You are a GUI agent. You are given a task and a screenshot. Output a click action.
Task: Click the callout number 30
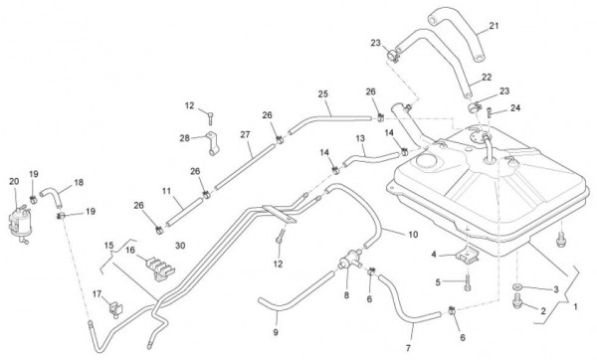pyautogui.click(x=180, y=246)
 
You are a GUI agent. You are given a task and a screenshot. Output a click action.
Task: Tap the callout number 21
pyautogui.click(x=494, y=26)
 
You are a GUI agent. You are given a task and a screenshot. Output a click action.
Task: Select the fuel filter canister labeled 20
pyautogui.click(x=19, y=223)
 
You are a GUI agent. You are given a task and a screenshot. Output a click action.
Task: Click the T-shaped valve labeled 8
pyautogui.click(x=349, y=260)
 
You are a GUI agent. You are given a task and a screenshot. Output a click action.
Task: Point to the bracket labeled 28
pyautogui.click(x=213, y=143)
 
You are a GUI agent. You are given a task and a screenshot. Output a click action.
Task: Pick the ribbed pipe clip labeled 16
pyautogui.click(x=160, y=268)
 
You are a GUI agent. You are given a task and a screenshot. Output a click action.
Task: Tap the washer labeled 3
pyautogui.click(x=517, y=286)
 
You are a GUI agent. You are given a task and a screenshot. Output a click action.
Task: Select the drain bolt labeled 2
pyautogui.click(x=517, y=300)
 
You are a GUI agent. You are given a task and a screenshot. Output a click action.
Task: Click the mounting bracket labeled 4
pyautogui.click(x=469, y=254)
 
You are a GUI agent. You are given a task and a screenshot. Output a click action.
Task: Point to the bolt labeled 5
pyautogui.click(x=468, y=283)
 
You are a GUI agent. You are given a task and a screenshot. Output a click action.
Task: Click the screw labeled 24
pyautogui.click(x=490, y=113)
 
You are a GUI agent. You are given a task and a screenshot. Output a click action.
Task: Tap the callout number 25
pyautogui.click(x=322, y=93)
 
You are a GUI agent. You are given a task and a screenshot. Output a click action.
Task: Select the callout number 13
pyautogui.click(x=360, y=138)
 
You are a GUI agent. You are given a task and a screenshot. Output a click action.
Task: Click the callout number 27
pyautogui.click(x=245, y=134)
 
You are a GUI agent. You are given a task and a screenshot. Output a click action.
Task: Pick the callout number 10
pyautogui.click(x=413, y=235)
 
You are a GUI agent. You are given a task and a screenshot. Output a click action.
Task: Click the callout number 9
pyautogui.click(x=276, y=332)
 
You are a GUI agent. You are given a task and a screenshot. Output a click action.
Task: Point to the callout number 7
pyautogui.click(x=408, y=348)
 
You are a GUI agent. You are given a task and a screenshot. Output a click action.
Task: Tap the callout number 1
pyautogui.click(x=575, y=306)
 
